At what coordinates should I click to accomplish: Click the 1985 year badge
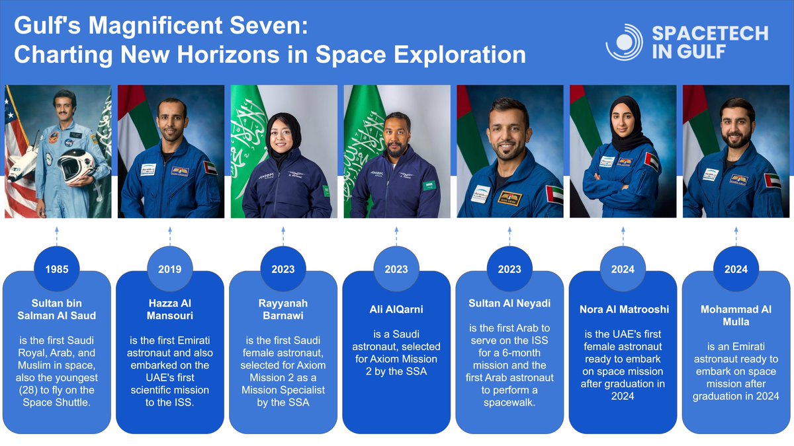click(x=56, y=269)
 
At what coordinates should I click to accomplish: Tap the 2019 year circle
click(x=169, y=269)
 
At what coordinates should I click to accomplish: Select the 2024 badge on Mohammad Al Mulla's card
click(x=736, y=269)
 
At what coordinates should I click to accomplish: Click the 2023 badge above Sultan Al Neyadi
click(x=509, y=269)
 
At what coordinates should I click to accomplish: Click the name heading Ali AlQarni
click(x=396, y=309)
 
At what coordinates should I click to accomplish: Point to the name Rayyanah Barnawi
click(x=283, y=309)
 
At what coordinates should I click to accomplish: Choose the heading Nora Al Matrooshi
click(x=623, y=309)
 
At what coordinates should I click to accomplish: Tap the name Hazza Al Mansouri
click(x=169, y=309)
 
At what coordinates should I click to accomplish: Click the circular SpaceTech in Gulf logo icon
click(x=623, y=43)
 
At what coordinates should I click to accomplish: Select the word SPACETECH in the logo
click(x=709, y=34)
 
